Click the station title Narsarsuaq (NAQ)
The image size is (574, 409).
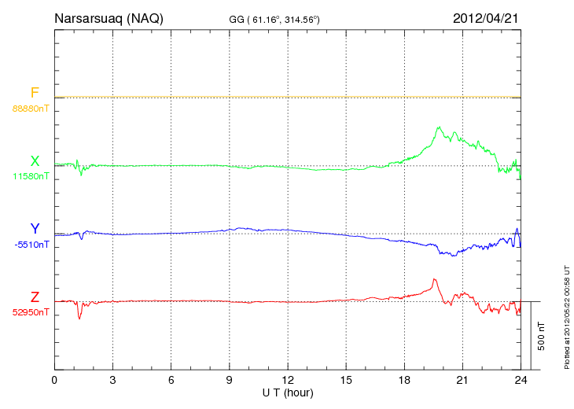109,18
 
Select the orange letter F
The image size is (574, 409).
35,93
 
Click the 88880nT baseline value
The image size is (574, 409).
31,108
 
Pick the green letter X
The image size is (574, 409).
35,161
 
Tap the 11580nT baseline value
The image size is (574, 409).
31,176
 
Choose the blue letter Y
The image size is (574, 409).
35,229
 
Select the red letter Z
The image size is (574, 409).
35,297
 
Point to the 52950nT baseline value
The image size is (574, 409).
31,312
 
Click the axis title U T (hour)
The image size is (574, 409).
287,392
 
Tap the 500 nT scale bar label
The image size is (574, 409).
541,336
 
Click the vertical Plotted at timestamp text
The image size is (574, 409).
566,315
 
